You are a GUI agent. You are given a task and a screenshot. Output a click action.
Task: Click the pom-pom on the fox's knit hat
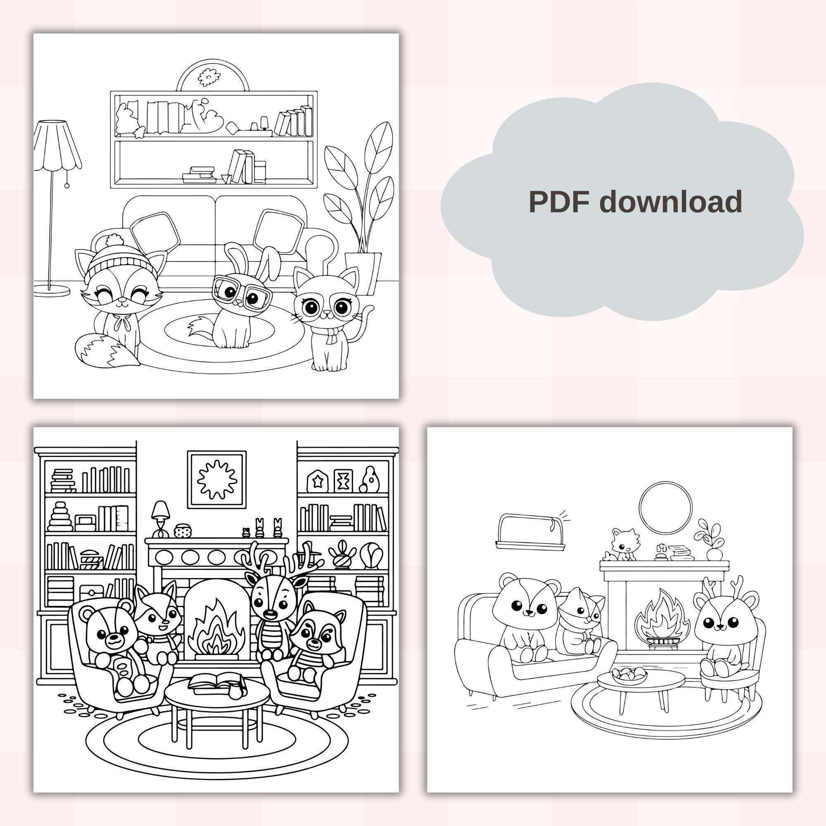click(x=115, y=240)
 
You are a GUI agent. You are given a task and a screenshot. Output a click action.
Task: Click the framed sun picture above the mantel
click(x=217, y=479)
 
